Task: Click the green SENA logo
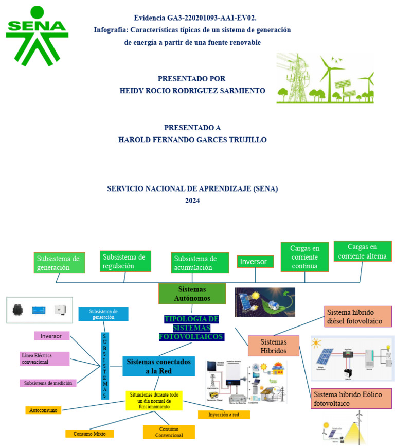click(37, 36)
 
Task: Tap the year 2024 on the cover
click(192, 201)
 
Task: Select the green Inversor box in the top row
click(255, 262)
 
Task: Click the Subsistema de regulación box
click(126, 261)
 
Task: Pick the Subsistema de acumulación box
click(200, 263)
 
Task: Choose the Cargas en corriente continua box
click(304, 257)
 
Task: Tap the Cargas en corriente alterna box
click(363, 252)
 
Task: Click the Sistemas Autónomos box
click(192, 294)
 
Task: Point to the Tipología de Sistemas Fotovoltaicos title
click(191, 328)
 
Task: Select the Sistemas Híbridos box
click(273, 346)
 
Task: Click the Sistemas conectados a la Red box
click(158, 366)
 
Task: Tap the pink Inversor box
click(51, 336)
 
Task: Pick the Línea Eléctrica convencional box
click(45, 358)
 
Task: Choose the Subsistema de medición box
click(48, 383)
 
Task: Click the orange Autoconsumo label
click(44, 410)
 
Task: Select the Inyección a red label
click(223, 415)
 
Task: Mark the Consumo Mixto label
click(89, 434)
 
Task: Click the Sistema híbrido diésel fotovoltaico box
click(358, 317)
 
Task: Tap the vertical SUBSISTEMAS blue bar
click(105, 366)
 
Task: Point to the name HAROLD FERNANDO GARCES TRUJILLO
click(192, 140)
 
